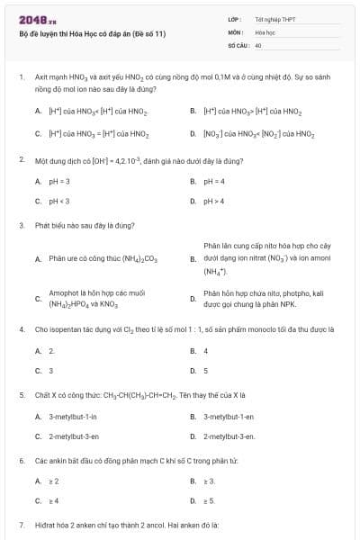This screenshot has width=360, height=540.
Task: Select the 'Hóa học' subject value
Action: (265, 31)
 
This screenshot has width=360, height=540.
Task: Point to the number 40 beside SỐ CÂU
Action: (258, 44)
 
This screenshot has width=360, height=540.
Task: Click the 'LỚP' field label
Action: (235, 19)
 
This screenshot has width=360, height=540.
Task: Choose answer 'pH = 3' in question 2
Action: (59, 181)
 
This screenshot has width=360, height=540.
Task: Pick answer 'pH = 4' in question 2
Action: (214, 181)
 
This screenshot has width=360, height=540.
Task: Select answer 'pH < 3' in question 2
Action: (59, 201)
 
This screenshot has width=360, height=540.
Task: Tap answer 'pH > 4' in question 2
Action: (214, 201)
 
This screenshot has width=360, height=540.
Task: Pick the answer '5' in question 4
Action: (206, 370)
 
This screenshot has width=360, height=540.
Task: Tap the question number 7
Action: (21, 524)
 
